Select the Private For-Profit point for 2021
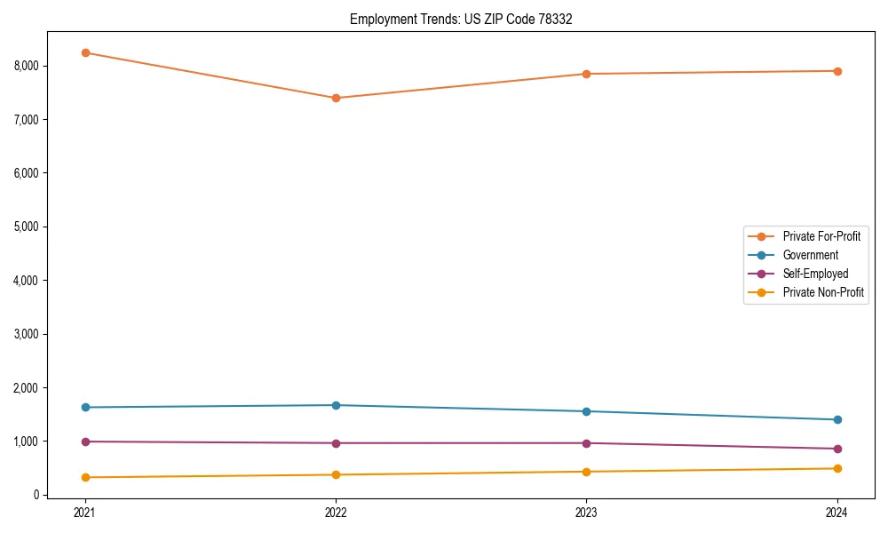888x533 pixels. click(x=85, y=52)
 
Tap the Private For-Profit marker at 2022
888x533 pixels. click(x=336, y=98)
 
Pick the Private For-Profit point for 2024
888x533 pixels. click(x=837, y=71)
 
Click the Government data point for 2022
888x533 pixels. click(x=336, y=405)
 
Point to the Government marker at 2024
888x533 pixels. click(x=837, y=419)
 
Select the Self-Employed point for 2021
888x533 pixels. click(x=85, y=442)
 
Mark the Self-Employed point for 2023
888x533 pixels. click(x=586, y=443)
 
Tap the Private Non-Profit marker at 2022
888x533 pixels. click(x=336, y=474)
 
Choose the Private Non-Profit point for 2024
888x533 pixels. click(x=837, y=468)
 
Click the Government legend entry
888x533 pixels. click(x=810, y=255)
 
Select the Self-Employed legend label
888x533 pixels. click(x=815, y=274)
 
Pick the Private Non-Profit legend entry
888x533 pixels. click(x=823, y=292)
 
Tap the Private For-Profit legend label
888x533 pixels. click(x=821, y=236)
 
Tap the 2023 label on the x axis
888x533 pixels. click(x=586, y=512)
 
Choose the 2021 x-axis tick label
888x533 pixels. click(x=85, y=512)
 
